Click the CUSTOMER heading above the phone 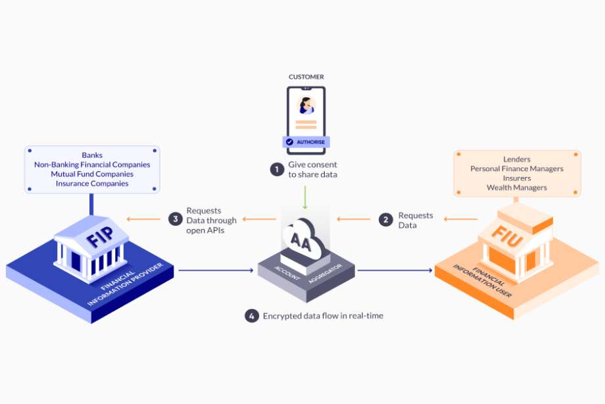[x=306, y=77]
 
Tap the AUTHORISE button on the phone [x=304, y=141]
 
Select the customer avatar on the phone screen [x=306, y=105]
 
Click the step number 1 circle [x=276, y=168]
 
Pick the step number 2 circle [x=386, y=220]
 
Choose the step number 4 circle [x=251, y=316]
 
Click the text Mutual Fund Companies [x=92, y=174]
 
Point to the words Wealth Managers [x=516, y=188]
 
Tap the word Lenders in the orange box [x=516, y=159]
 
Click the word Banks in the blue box [x=92, y=155]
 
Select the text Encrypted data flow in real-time [x=323, y=316]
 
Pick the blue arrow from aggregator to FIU [x=395, y=270]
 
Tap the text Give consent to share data [x=313, y=169]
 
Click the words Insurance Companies [x=92, y=184]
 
